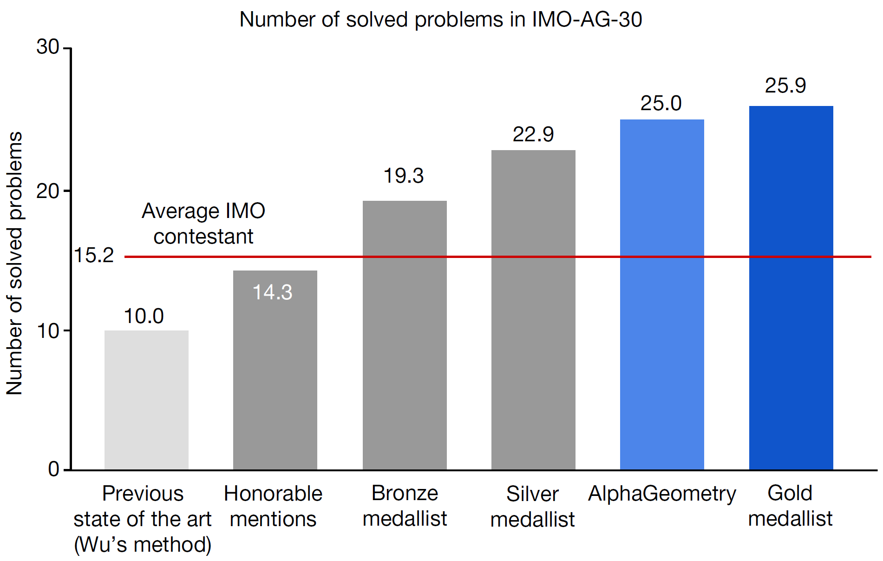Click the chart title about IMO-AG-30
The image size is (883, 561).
click(x=440, y=20)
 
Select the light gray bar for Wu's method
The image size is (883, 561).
click(x=146, y=400)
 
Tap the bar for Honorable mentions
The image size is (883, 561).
click(x=275, y=372)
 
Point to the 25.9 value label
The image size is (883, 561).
click(x=785, y=86)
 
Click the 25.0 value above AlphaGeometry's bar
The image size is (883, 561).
click(x=661, y=103)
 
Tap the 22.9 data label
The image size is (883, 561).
click(x=533, y=134)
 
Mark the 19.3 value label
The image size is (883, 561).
click(x=403, y=176)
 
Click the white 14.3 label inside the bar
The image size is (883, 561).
click(x=272, y=292)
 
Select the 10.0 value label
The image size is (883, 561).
click(x=144, y=317)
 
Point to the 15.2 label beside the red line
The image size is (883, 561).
click(x=94, y=255)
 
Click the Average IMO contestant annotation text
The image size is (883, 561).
click(x=203, y=224)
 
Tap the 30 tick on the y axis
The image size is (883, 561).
click(x=48, y=47)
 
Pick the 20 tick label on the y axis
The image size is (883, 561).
click(x=48, y=191)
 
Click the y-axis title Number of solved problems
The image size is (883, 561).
click(x=14, y=263)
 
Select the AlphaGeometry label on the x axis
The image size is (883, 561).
click(x=662, y=494)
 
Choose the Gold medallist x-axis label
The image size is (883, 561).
click(x=790, y=506)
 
